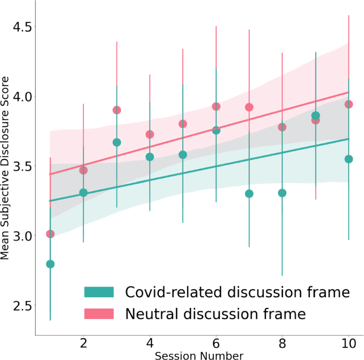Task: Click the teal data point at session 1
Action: coord(50,264)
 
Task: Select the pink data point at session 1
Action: coord(50,234)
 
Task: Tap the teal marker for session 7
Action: coord(249,194)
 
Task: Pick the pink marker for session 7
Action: coord(249,107)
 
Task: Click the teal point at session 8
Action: coord(282,193)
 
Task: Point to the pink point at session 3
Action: coord(117,110)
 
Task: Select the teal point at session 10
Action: coord(349,159)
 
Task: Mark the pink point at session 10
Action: coord(349,104)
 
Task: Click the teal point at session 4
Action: coord(150,157)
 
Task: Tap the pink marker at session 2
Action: coord(83,170)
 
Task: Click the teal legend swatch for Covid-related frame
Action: coord(99,292)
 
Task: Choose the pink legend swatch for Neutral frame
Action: coord(99,314)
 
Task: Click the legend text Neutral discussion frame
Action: coord(215,314)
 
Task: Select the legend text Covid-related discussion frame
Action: coord(237,292)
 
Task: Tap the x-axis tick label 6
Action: coord(216,343)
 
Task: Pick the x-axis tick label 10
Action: coord(349,343)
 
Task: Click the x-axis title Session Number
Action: coord(199,355)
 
